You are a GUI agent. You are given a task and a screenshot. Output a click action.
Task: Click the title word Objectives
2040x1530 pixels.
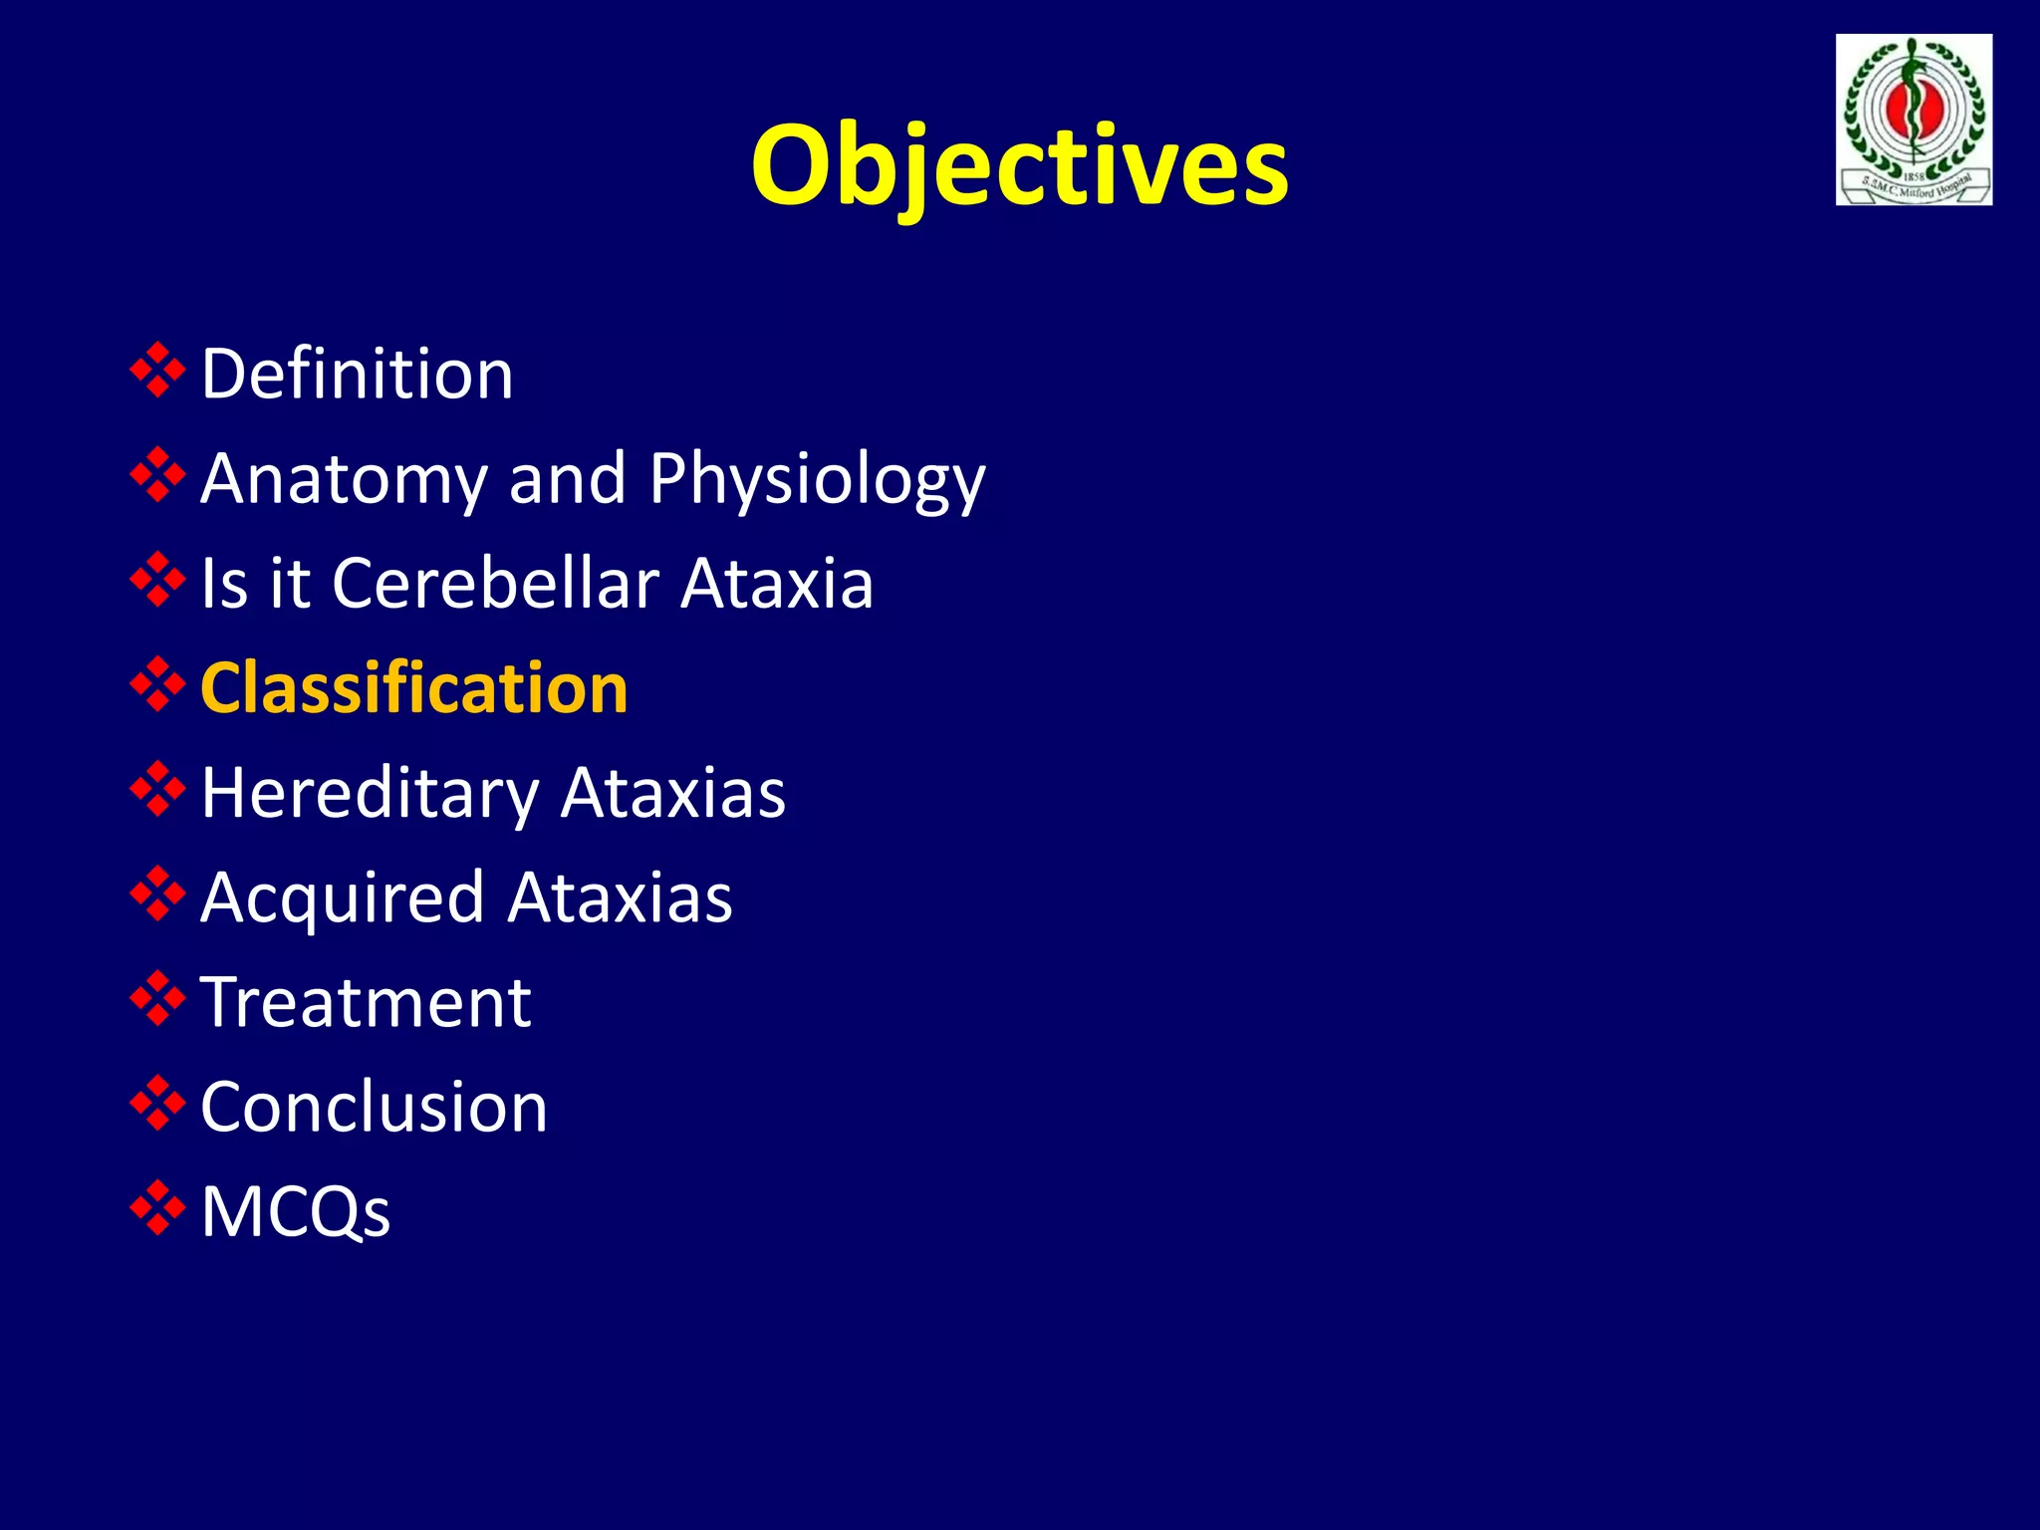coord(1019,164)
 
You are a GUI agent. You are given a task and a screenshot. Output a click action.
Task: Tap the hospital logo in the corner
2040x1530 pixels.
coord(1913,120)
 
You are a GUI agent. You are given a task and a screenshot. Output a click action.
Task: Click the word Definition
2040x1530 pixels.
coord(357,374)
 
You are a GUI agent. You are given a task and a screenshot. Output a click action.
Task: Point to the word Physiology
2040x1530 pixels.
coord(817,481)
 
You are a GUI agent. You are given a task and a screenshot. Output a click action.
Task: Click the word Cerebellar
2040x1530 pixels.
coord(495,583)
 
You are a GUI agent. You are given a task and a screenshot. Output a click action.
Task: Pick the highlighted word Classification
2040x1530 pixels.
coord(413,688)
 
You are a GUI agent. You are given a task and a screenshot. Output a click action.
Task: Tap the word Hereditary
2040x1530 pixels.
coord(370,794)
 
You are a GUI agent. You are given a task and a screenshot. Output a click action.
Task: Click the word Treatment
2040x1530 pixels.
coord(366,1003)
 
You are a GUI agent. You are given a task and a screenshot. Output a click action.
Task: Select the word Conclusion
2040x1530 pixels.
coord(374,1108)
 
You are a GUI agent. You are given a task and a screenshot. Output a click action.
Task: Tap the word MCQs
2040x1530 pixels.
coord(296,1212)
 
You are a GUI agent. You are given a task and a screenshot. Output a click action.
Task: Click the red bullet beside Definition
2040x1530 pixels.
coord(157,371)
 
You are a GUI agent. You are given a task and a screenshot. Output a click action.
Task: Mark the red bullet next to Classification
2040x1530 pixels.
coord(157,684)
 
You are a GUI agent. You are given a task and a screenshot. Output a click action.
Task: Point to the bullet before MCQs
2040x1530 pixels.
coord(157,1208)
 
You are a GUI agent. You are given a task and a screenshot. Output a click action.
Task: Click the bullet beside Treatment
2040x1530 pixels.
coord(157,999)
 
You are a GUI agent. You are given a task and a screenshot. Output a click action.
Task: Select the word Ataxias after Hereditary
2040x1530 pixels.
coord(672,794)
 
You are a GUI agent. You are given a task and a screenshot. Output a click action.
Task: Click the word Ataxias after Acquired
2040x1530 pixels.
coord(620,898)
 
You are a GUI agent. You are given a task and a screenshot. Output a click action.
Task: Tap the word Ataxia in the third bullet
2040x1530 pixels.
coord(777,583)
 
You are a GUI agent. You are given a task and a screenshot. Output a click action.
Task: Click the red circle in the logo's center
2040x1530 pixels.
coord(1912,112)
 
